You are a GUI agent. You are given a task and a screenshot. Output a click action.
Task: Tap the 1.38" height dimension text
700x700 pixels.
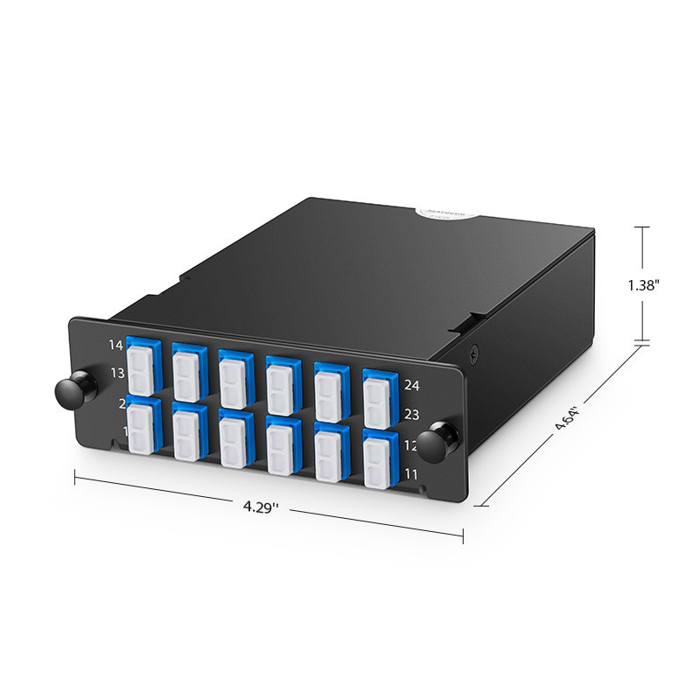click(x=643, y=284)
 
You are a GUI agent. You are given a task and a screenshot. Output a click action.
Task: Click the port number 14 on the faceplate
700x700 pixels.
click(x=116, y=345)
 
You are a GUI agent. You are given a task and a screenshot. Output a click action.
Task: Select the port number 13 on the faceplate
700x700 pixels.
click(x=116, y=374)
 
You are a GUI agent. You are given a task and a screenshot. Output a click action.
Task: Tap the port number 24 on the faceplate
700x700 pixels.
click(x=412, y=385)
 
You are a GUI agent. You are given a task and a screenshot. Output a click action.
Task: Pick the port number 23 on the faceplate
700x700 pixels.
click(x=412, y=416)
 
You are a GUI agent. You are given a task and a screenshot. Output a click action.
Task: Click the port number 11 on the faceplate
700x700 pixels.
click(x=412, y=474)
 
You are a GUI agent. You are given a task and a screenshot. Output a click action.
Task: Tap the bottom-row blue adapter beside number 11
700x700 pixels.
click(x=379, y=458)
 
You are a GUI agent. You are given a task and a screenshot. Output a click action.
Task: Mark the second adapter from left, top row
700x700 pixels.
click(x=188, y=371)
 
